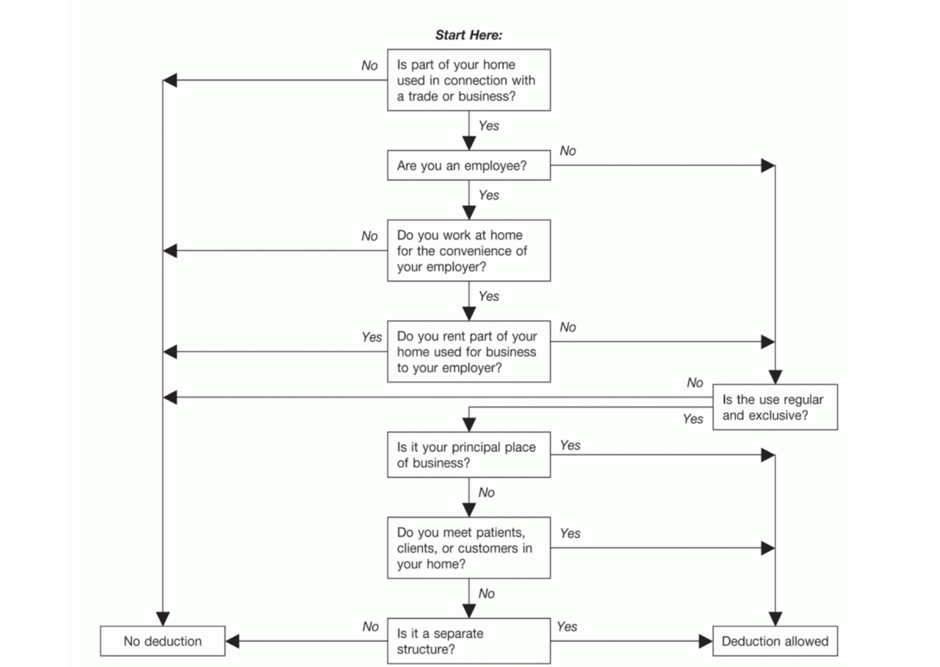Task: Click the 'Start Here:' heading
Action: click(x=468, y=36)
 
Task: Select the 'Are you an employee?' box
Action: click(x=468, y=166)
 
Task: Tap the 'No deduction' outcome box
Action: click(x=162, y=641)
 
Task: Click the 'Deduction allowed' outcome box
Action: click(x=775, y=641)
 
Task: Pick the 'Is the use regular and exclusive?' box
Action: click(x=775, y=407)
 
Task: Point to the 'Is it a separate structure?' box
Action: click(x=468, y=641)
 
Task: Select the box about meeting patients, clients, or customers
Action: click(x=468, y=548)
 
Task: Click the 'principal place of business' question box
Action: click(x=468, y=455)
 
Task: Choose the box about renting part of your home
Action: click(x=468, y=352)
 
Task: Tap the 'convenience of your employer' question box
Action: click(x=468, y=251)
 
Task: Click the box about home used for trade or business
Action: click(x=468, y=80)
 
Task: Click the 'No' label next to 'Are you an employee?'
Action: click(x=568, y=151)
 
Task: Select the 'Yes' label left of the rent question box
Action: click(x=372, y=337)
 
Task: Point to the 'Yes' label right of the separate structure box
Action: click(x=567, y=627)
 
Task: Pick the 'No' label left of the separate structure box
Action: click(x=371, y=627)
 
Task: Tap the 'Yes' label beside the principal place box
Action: click(x=570, y=445)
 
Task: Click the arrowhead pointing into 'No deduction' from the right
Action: click(x=232, y=641)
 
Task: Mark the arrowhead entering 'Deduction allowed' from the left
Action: click(x=706, y=641)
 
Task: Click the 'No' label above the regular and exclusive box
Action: click(x=695, y=383)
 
